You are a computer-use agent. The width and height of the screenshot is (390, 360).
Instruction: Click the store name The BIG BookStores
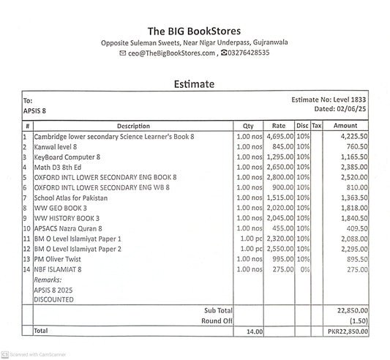[194, 31]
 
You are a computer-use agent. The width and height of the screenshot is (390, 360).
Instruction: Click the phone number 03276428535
[248, 53]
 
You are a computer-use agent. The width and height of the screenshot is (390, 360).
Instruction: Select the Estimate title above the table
[194, 84]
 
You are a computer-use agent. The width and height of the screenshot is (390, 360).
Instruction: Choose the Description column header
[132, 126]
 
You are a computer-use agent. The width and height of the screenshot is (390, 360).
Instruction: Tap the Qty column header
[247, 126]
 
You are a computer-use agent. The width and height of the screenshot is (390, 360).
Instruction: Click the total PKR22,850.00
[347, 331]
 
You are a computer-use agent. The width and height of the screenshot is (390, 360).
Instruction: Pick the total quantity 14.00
[253, 331]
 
